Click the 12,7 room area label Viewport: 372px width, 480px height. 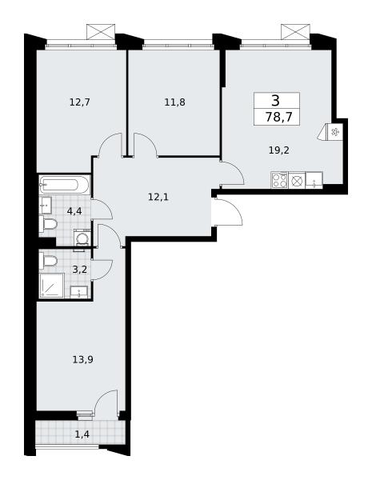(x=80, y=102)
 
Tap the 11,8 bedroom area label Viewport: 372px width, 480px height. (x=175, y=102)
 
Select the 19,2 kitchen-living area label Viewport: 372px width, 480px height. (x=279, y=150)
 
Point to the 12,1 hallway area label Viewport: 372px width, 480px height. (x=158, y=197)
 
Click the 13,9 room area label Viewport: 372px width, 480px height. (x=82, y=359)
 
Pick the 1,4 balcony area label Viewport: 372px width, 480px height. (x=82, y=434)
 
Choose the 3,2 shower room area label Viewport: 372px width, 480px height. (x=80, y=270)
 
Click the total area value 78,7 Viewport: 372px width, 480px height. (x=278, y=117)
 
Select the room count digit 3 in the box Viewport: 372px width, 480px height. (x=275, y=100)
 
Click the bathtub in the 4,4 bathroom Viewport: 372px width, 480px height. (x=65, y=185)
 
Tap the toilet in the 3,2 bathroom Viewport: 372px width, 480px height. (x=48, y=262)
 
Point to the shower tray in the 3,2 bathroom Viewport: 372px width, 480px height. (x=51, y=286)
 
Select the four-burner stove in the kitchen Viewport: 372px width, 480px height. (x=279, y=180)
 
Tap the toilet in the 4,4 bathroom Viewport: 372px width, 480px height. (x=48, y=224)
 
